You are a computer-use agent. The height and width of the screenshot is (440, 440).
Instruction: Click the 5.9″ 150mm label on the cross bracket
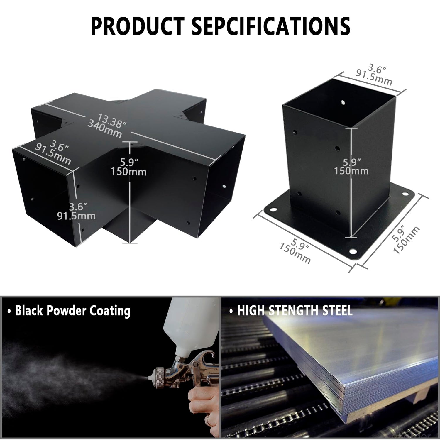[x=129, y=167]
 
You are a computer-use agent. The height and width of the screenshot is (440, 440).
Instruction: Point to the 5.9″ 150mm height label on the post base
[x=351, y=166]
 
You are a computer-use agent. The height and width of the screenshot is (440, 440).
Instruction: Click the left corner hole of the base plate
[x=273, y=210]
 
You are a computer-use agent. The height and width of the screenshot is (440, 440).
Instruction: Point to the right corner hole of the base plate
[x=406, y=194]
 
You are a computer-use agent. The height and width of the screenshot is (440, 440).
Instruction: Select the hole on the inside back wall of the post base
[x=343, y=103]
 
